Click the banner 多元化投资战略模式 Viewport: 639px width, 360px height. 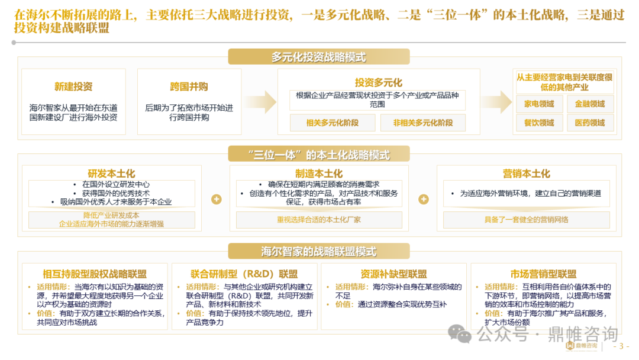coord(319,57)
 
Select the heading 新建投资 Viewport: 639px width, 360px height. coord(73,87)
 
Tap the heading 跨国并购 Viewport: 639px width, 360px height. coord(189,87)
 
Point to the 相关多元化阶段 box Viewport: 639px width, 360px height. coord(333,123)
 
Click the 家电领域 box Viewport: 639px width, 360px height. coord(539,104)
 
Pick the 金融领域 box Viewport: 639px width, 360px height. coord(590,104)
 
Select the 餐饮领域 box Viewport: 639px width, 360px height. coord(539,123)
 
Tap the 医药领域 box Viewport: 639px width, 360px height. coord(590,123)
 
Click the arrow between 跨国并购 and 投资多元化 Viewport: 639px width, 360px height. coord(261,101)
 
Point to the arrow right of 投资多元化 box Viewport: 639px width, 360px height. coord(496,101)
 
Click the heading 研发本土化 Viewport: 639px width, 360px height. coord(111,173)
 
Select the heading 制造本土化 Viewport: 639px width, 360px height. coord(319,173)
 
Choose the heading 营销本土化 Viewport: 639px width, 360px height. coord(527,173)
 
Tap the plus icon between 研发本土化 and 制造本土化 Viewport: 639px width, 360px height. coord(217,199)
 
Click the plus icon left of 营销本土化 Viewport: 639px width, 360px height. coord(424,199)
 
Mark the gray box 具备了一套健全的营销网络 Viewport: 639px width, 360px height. coord(527,220)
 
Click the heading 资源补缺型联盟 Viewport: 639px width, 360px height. coord(393,274)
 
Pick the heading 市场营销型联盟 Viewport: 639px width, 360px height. coord(543,274)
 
